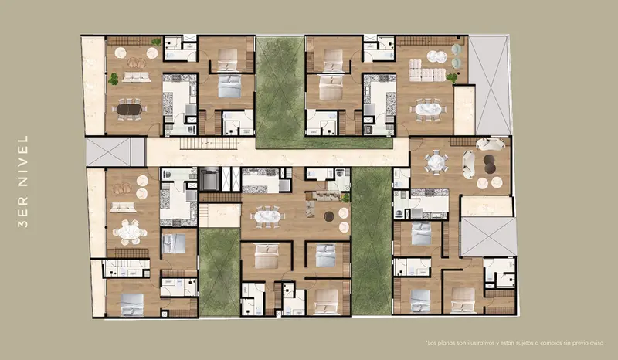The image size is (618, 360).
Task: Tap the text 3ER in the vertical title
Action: pyautogui.click(x=23, y=212)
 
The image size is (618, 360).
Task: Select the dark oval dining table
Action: pyautogui.click(x=129, y=109)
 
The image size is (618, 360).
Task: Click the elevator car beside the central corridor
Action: pyautogui.click(x=209, y=178)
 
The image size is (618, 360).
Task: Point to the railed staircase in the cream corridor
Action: pyautogui.click(x=209, y=143)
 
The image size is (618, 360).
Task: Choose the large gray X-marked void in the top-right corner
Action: pyautogui.click(x=489, y=85)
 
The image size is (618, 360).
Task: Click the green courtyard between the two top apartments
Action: pyautogui.click(x=280, y=93)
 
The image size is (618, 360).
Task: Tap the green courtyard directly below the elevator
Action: pyautogui.click(x=219, y=272)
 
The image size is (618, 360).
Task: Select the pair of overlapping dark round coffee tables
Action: pyautogui.click(x=490, y=164)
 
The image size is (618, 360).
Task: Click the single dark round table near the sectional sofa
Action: pyautogui.click(x=329, y=216)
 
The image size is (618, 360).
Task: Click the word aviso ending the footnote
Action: pyautogui.click(x=596, y=343)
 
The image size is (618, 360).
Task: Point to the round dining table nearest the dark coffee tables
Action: pyautogui.click(x=436, y=162)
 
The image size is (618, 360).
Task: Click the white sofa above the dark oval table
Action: pyautogui.click(x=137, y=77)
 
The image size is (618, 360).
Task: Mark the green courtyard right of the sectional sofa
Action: pyautogui.click(x=371, y=240)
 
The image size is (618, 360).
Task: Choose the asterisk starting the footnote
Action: pyautogui.click(x=426, y=341)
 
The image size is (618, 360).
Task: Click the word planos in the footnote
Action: pyautogui.click(x=445, y=343)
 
